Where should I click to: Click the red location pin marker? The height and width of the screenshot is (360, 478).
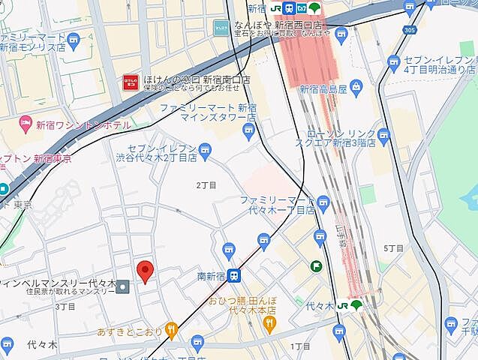146,270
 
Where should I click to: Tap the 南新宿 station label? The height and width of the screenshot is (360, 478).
212,276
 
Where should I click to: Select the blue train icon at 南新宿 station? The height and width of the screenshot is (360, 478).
235,276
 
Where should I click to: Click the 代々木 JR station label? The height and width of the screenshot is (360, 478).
319,305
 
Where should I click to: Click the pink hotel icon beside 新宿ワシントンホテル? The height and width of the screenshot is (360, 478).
24,122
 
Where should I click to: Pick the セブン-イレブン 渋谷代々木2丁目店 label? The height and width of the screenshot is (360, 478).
161,153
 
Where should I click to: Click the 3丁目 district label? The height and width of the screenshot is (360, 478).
65,307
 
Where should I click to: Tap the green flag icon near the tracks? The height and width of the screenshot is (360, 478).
317,266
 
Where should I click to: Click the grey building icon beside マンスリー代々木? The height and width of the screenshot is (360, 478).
123,284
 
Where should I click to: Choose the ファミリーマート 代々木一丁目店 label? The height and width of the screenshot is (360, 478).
276,205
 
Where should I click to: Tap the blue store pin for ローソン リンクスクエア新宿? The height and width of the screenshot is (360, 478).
384,135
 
